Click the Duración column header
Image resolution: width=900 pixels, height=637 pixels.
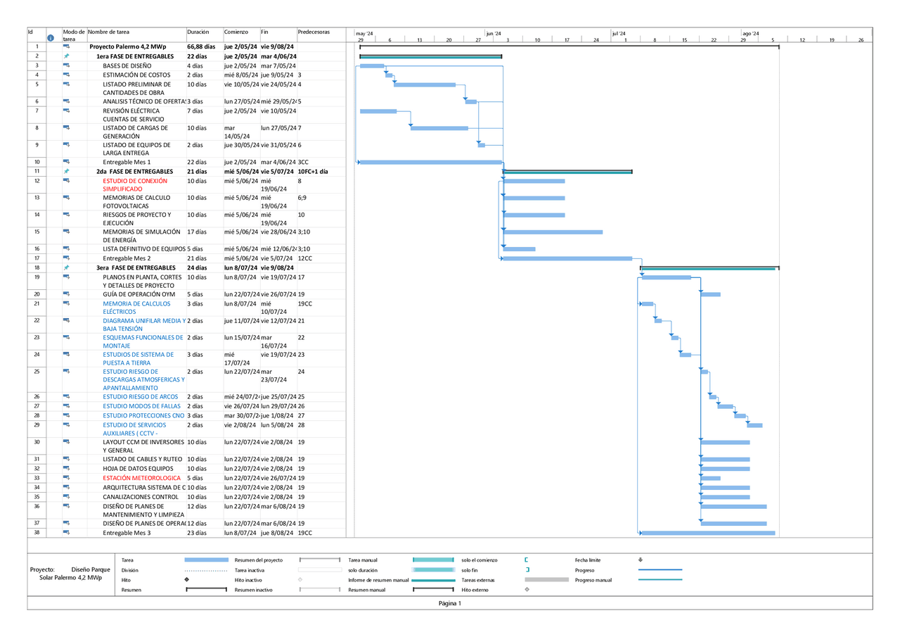click(198, 32)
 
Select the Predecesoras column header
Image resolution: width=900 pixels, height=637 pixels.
click(313, 32)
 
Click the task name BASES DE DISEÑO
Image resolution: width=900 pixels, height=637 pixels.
click(127, 65)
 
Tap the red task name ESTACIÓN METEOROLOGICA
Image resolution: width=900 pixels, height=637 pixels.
click(141, 478)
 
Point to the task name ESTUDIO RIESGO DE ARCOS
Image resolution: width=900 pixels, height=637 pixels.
click(140, 397)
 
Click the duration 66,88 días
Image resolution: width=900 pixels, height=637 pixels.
click(200, 46)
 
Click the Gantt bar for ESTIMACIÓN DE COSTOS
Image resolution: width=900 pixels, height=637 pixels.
click(389, 75)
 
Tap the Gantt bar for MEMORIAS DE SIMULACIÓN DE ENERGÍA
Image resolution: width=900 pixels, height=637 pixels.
click(553, 232)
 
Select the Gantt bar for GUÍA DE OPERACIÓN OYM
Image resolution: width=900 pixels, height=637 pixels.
click(710, 294)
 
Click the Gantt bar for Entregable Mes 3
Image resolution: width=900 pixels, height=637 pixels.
click(707, 533)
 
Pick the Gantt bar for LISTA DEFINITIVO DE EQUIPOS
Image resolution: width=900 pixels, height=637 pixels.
click(519, 248)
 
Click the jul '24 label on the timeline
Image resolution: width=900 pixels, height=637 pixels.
click(619, 33)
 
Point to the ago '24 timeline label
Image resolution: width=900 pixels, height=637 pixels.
click(750, 33)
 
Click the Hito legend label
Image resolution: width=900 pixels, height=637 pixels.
click(126, 580)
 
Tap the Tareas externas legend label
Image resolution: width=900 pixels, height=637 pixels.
click(477, 580)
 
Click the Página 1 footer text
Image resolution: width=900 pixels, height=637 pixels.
click(450, 603)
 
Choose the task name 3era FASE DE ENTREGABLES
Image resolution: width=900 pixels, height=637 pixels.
click(136, 268)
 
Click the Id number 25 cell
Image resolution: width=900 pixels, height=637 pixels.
click(37, 372)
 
